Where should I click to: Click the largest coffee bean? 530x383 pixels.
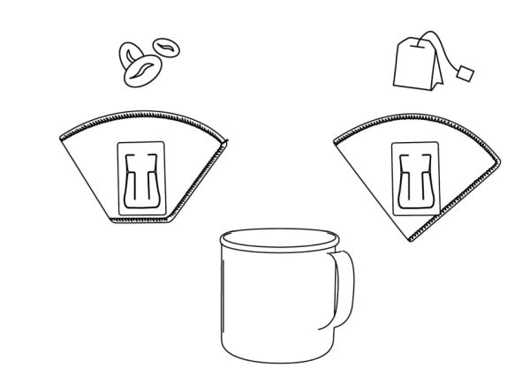coord(141,71)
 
